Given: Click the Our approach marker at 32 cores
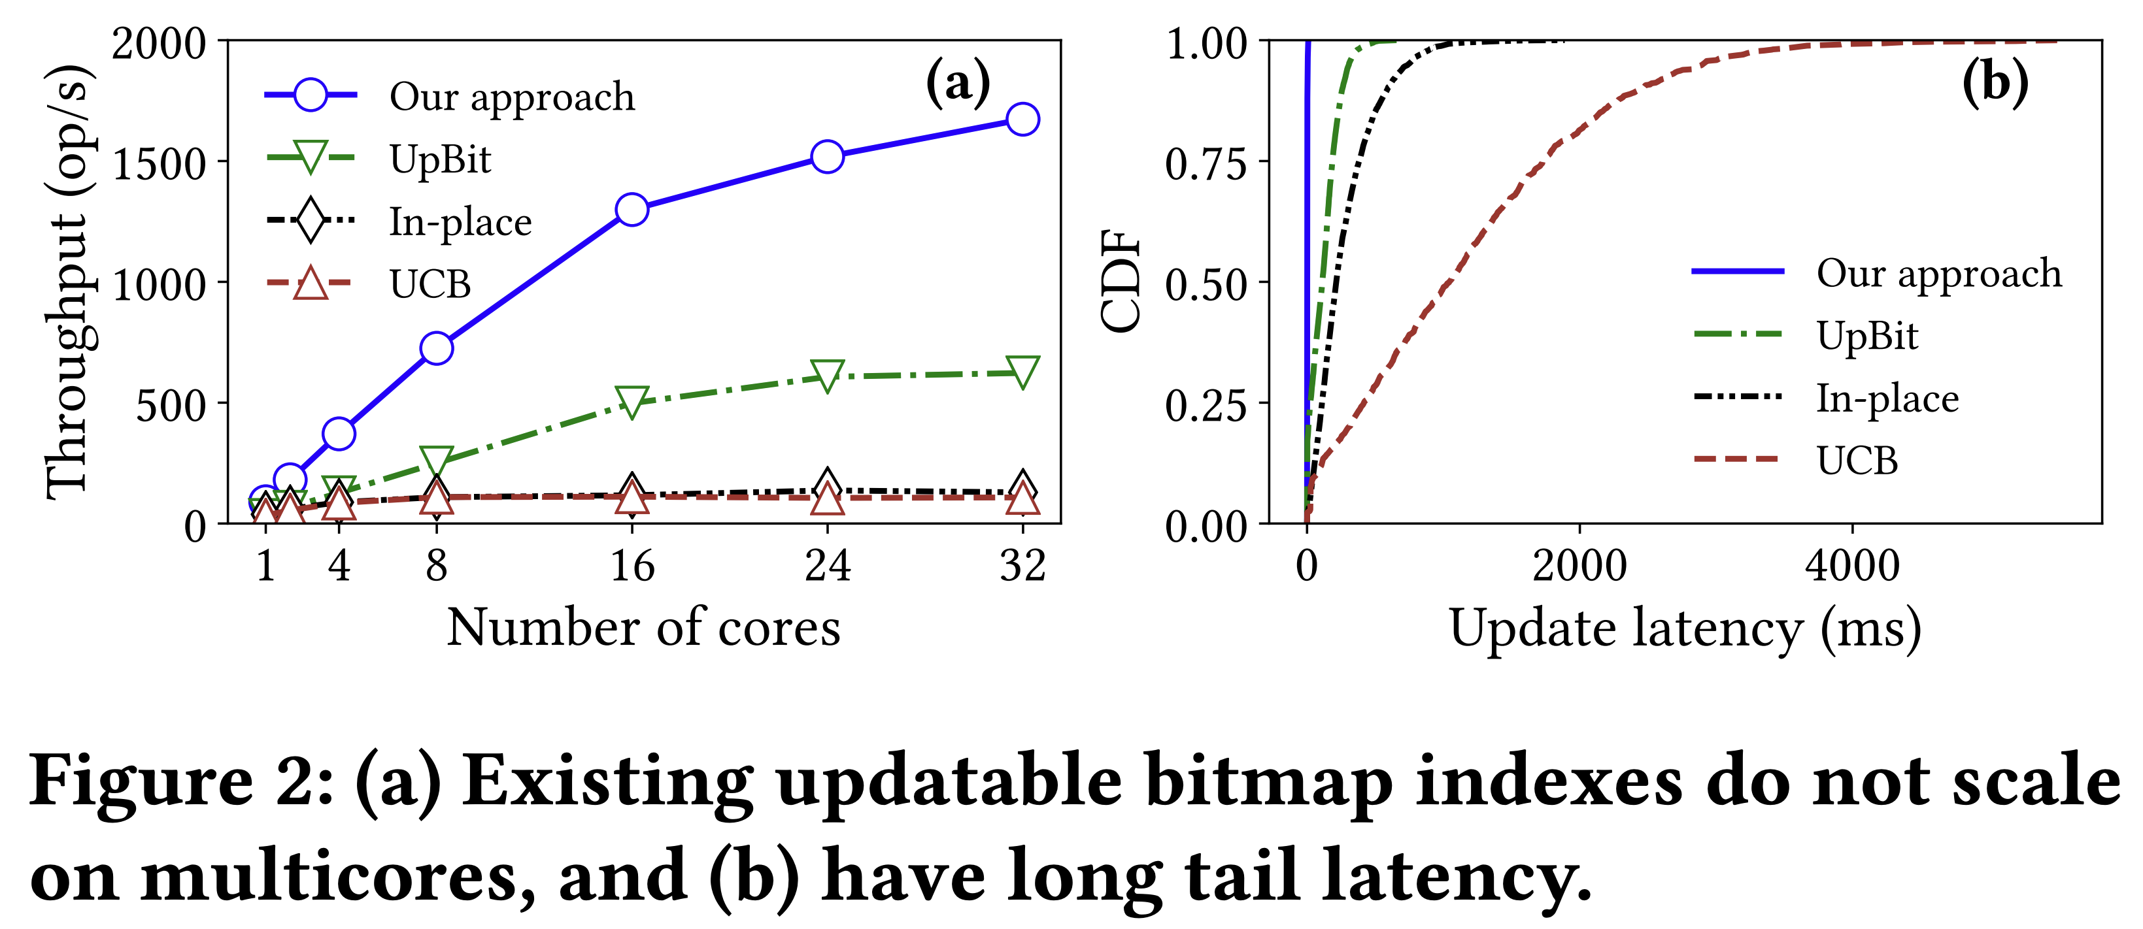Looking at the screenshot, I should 1022,120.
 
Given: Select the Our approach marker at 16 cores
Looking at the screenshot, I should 632,210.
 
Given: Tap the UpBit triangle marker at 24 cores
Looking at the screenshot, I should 827,375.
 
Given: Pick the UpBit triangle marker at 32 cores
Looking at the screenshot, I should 1022,371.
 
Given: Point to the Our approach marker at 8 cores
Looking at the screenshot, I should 437,348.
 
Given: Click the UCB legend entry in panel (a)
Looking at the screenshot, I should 430,284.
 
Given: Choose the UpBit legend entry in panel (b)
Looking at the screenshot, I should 1867,336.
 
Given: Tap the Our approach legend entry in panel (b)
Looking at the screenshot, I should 1938,273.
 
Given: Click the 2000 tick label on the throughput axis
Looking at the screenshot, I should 159,43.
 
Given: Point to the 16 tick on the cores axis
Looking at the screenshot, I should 632,566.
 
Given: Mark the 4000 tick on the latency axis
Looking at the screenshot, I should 1853,566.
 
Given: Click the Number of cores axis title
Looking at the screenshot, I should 643,628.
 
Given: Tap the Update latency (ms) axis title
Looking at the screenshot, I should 1685,628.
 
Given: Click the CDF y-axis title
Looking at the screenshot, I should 1120,281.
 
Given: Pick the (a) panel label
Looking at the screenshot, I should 958,82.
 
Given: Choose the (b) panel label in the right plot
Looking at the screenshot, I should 1995,82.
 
